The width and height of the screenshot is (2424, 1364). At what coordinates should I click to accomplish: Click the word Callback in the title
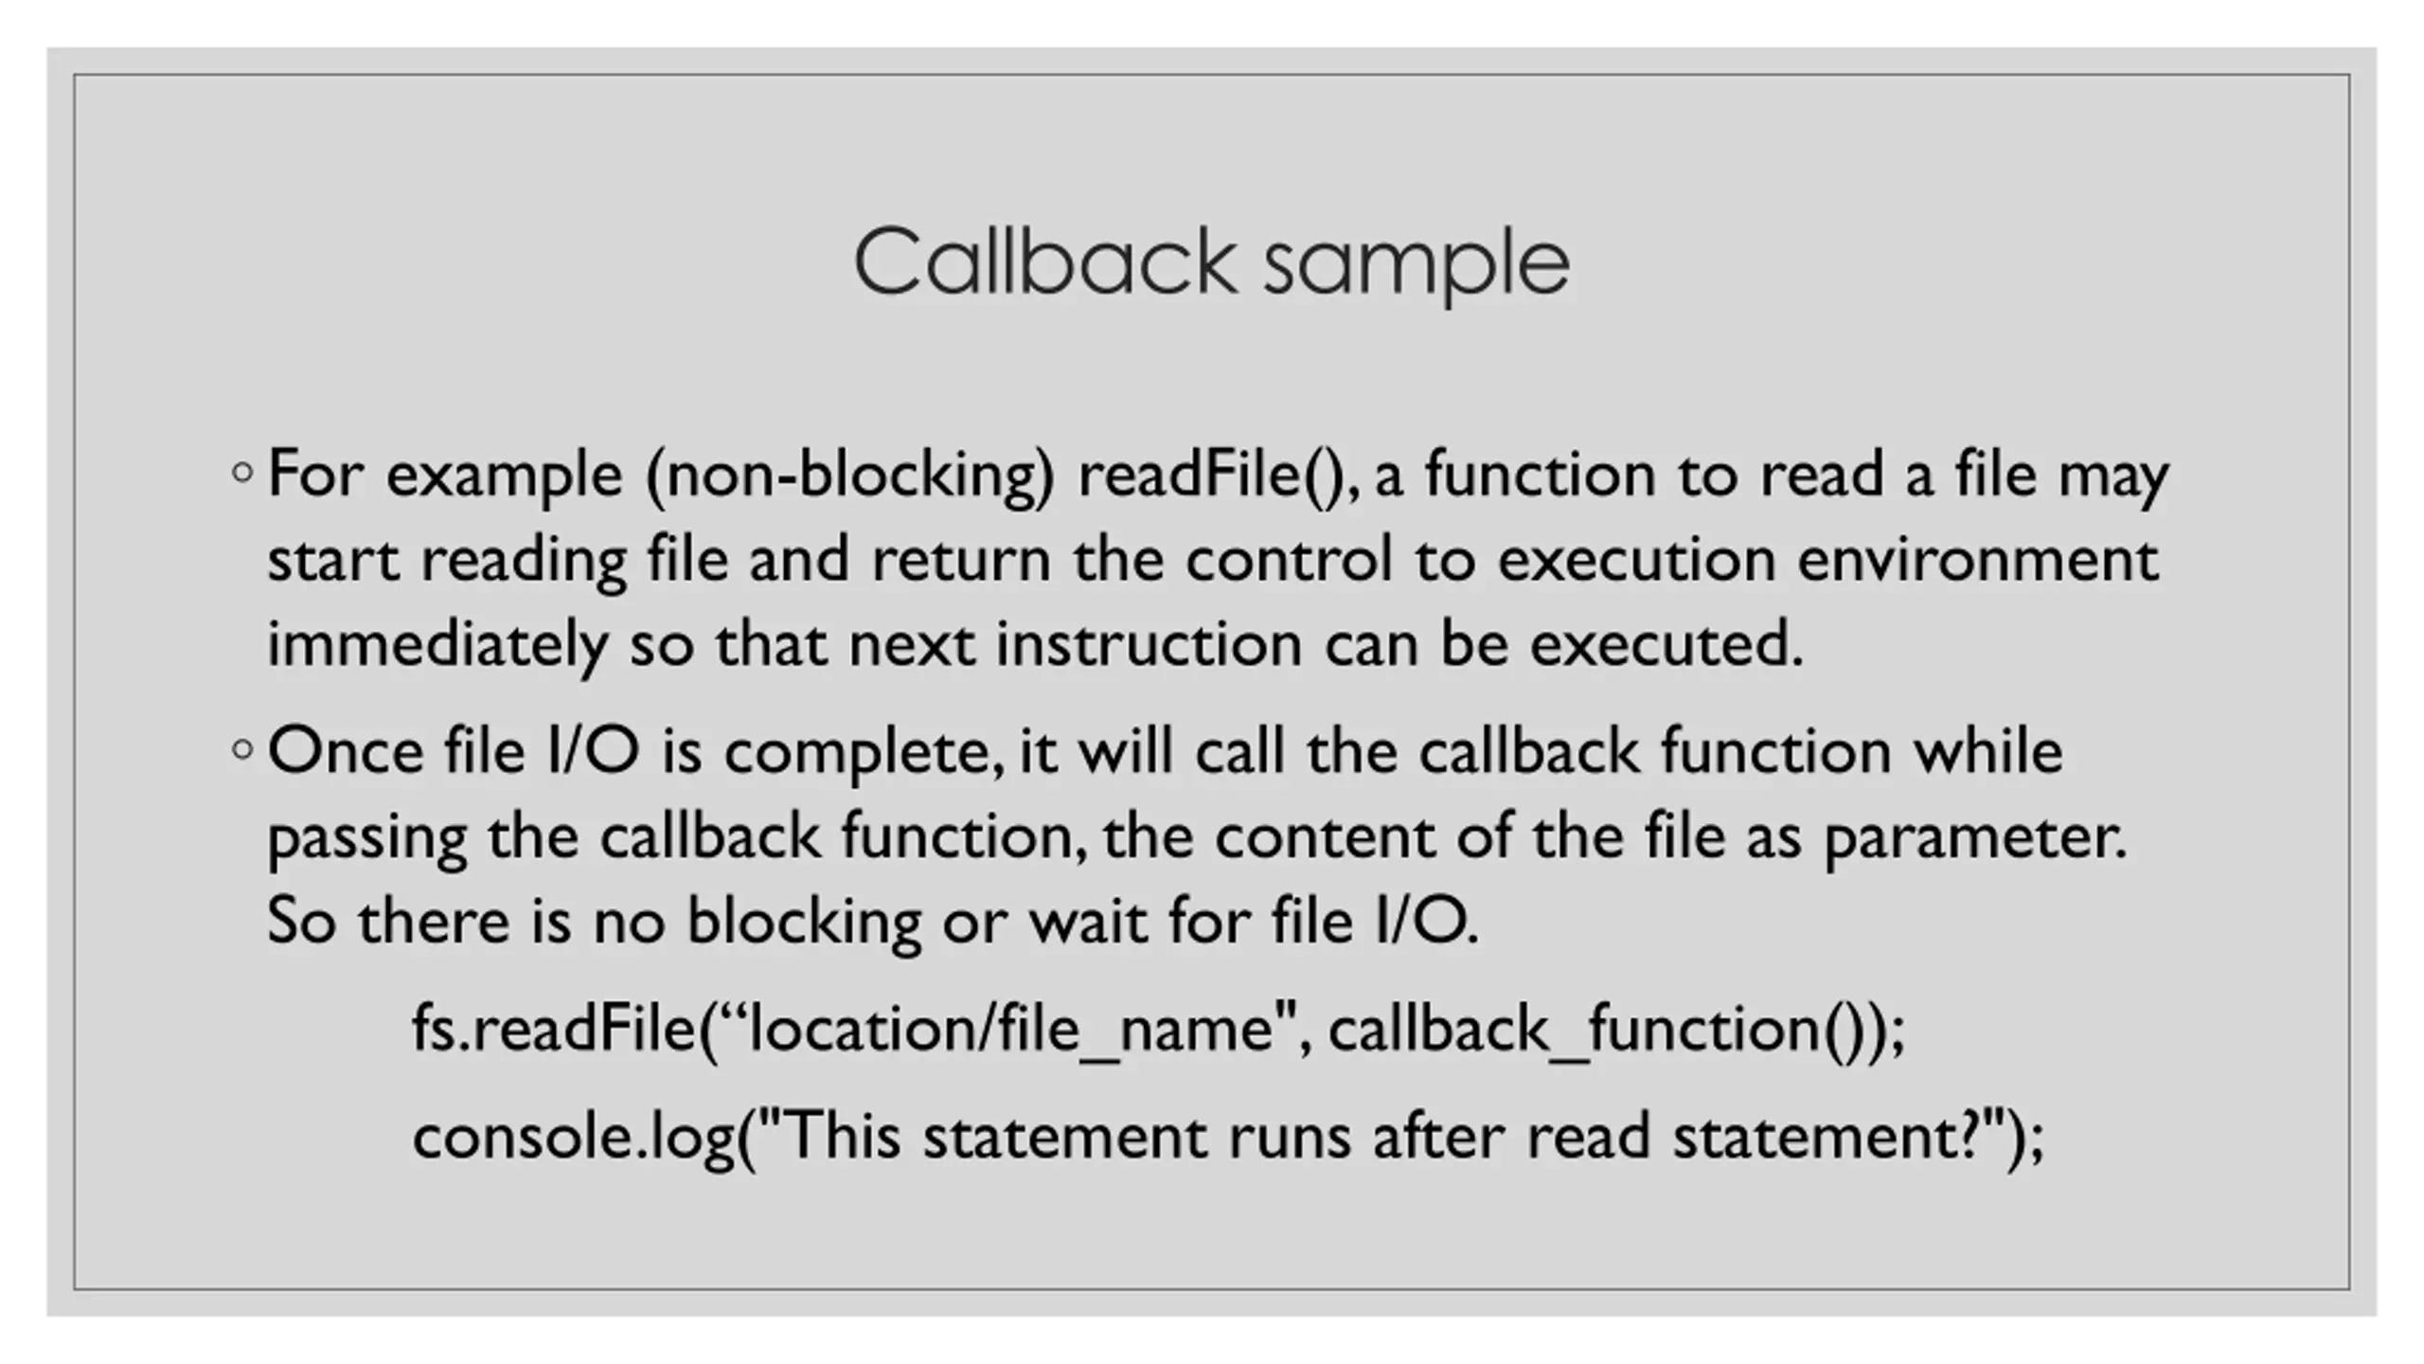[x=1045, y=261]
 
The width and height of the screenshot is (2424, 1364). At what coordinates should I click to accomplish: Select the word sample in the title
[x=1417, y=265]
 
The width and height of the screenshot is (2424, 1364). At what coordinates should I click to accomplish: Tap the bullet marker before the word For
[x=242, y=472]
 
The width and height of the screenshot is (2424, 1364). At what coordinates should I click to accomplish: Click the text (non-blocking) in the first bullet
[x=849, y=474]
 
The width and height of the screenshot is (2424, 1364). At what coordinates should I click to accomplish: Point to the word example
[x=504, y=476]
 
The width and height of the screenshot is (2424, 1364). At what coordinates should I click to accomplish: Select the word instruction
[x=1149, y=644]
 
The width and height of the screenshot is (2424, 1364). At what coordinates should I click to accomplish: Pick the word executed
[x=1666, y=644]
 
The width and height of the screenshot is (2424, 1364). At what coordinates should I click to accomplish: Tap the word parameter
[x=1974, y=838]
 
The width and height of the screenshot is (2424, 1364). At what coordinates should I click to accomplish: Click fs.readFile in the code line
[x=553, y=1029]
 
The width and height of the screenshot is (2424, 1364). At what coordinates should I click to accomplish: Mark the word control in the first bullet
[x=1289, y=559]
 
